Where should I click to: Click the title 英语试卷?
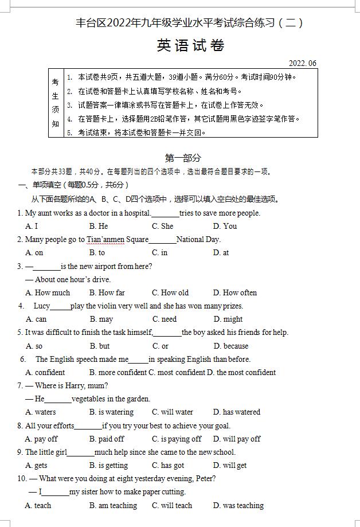click(190, 46)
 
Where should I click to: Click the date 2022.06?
click(303, 63)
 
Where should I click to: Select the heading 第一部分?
click(183, 158)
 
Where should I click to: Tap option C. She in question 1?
click(163, 226)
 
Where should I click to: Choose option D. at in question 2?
click(221, 252)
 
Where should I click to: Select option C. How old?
click(170, 292)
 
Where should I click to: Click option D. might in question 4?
click(228, 319)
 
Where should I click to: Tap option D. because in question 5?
click(231, 346)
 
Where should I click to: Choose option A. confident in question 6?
click(45, 372)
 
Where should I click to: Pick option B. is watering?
click(111, 412)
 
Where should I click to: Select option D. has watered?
click(236, 412)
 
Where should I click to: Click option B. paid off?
click(107, 439)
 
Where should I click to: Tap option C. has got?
click(168, 466)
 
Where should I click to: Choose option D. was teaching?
click(238, 505)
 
